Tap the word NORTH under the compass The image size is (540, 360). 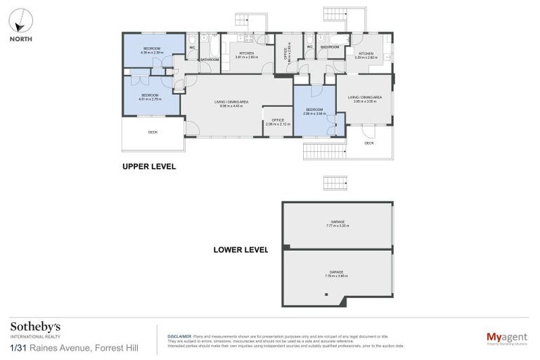tap(20, 39)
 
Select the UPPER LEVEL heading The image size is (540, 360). tap(148, 167)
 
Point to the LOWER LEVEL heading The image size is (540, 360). tap(241, 250)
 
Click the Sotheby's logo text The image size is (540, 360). tap(35, 327)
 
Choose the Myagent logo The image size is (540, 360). tap(507, 338)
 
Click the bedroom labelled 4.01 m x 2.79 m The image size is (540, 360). tap(150, 97)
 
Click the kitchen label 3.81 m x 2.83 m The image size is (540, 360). tap(246, 55)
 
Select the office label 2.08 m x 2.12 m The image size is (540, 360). tap(278, 122)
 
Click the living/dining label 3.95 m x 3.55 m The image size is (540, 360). tap(365, 99)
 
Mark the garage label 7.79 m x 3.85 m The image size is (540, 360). tap(337, 274)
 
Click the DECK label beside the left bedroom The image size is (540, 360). tap(153, 132)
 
